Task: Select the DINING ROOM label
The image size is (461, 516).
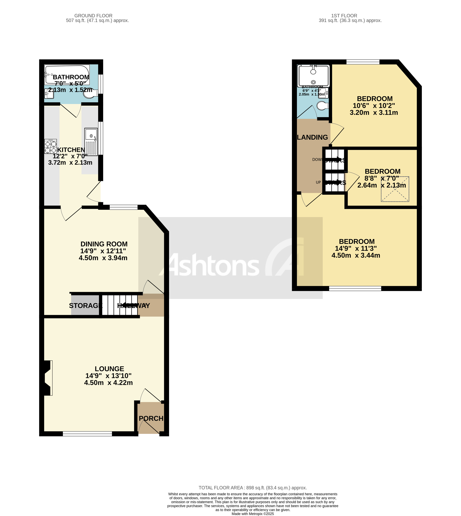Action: (104, 244)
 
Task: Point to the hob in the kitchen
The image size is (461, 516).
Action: (50, 146)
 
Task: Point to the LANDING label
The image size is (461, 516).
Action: (312, 137)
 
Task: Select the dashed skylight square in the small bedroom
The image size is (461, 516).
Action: (395, 189)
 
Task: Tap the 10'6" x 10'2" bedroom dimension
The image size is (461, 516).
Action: (374, 106)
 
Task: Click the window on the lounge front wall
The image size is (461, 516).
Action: (87, 434)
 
